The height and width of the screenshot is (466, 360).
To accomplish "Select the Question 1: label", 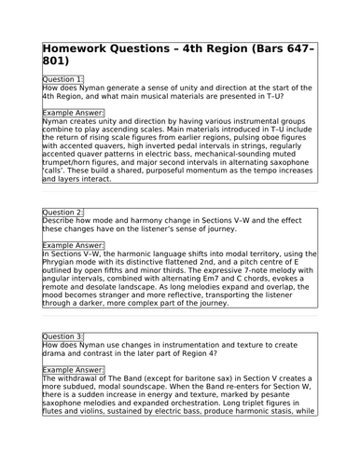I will click(x=63, y=79).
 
